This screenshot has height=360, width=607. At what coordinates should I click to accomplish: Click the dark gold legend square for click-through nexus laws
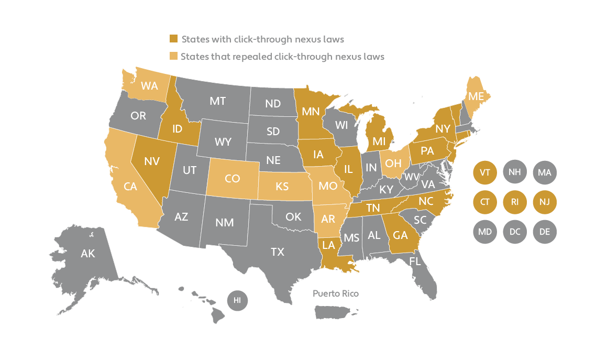[x=173, y=39]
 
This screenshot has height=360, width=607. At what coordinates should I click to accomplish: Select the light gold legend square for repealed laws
[x=173, y=56]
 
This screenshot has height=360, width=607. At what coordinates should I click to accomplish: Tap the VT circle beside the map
[x=485, y=172]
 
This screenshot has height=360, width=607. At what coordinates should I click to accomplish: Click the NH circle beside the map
[x=515, y=172]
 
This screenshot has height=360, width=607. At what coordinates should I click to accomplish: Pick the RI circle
[x=515, y=202]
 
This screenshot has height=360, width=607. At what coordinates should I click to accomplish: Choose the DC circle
[x=515, y=231]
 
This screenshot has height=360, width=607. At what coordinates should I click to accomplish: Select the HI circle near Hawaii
[x=237, y=300]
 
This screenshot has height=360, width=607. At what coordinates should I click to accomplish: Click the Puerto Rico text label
[x=336, y=294]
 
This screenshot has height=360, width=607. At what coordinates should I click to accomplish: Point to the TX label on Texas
[x=278, y=252]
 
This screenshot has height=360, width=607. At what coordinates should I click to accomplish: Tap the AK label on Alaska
[x=88, y=254]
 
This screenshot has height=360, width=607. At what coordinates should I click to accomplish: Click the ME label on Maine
[x=476, y=96]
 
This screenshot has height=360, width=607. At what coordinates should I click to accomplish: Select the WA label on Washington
[x=149, y=86]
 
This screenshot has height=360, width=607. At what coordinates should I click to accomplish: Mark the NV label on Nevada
[x=151, y=161]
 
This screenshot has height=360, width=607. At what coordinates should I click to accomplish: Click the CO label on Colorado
[x=232, y=179]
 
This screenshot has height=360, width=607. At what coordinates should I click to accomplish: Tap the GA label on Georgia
[x=400, y=236]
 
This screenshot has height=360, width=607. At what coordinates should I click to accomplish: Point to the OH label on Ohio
[x=393, y=163]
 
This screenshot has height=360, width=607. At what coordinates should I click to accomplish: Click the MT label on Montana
[x=217, y=101]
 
